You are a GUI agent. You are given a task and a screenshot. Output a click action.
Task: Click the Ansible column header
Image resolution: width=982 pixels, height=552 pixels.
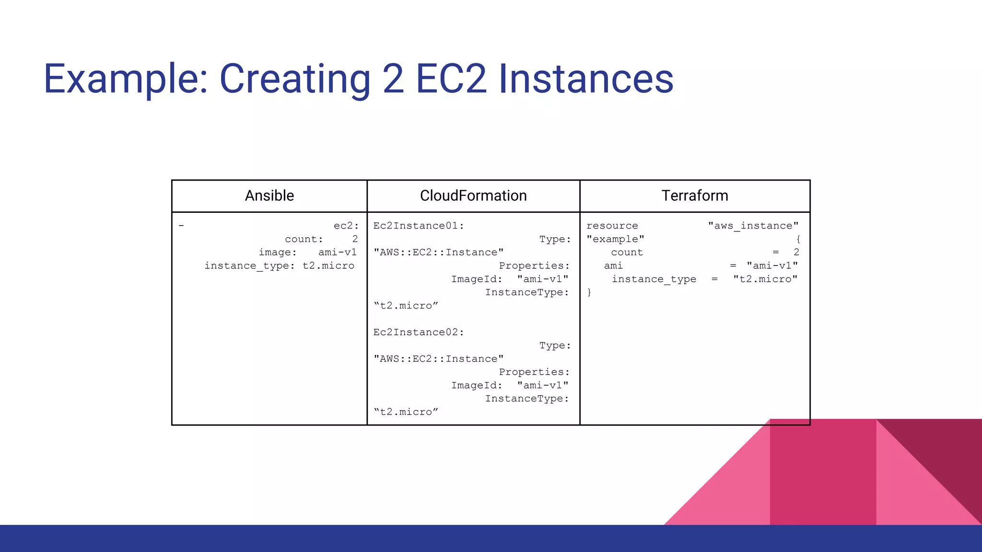269,195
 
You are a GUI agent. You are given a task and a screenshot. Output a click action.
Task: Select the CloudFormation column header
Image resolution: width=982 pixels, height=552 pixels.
473,195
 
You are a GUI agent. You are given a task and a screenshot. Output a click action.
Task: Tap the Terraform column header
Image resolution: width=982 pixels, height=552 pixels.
694,195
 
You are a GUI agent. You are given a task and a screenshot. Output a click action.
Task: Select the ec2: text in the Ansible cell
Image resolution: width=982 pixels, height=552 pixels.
346,226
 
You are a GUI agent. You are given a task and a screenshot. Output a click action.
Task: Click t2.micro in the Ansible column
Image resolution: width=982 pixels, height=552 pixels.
328,265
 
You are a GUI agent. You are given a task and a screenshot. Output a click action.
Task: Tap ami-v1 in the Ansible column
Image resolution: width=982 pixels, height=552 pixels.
338,252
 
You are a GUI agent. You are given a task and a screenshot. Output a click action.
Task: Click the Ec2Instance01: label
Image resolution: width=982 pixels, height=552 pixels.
419,226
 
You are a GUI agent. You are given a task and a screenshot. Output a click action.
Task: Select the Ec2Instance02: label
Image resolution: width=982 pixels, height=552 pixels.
419,332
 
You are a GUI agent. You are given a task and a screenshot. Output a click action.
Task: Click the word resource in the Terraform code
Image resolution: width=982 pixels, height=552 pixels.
612,226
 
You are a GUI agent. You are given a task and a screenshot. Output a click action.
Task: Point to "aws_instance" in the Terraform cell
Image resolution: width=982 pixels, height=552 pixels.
753,226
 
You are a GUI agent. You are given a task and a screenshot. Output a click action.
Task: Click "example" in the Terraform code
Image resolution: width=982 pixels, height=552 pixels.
615,239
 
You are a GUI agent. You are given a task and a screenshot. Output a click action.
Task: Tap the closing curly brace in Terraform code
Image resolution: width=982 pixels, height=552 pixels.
589,292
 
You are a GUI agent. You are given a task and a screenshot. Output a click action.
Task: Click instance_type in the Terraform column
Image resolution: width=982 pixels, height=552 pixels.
654,279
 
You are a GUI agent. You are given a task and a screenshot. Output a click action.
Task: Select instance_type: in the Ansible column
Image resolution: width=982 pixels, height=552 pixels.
250,265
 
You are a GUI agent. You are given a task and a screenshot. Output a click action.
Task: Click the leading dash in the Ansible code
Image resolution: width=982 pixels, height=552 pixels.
181,226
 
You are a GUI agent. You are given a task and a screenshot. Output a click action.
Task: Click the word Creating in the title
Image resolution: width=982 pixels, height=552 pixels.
295,79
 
